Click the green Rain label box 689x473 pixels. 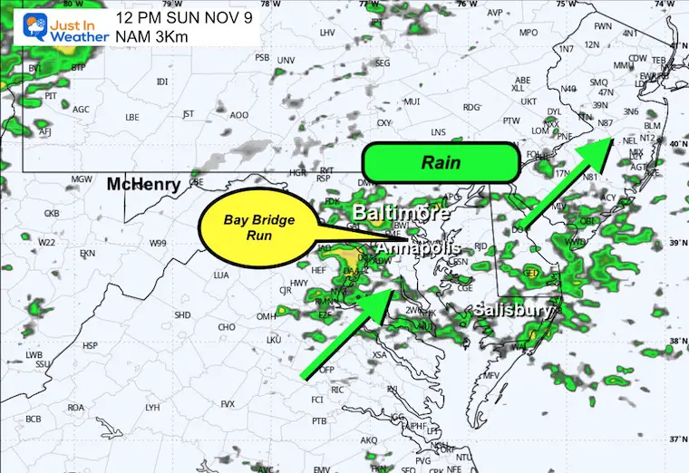[440, 163]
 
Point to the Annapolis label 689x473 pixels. [418, 247]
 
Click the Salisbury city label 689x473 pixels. [513, 310]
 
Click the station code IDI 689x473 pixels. [162, 82]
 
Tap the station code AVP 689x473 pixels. [494, 13]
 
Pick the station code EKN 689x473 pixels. [87, 254]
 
